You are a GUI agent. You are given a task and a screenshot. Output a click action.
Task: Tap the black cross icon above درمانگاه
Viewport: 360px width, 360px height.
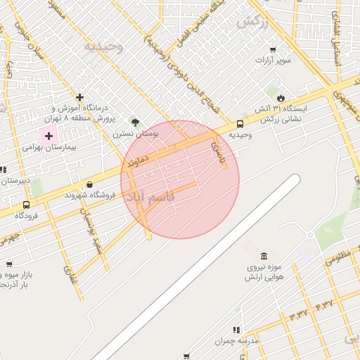(80, 97)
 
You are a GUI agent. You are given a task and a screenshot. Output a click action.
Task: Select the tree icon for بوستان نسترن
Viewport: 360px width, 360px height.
(135, 122)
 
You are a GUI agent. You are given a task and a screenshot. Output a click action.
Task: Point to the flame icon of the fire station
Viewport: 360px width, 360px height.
(281, 98)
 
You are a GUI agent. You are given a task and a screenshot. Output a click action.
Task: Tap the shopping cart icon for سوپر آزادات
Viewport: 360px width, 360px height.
(273, 50)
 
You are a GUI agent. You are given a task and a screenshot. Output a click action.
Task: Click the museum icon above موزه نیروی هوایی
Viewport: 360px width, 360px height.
(264, 256)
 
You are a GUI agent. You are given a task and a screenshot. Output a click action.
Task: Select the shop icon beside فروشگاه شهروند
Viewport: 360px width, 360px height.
(89, 184)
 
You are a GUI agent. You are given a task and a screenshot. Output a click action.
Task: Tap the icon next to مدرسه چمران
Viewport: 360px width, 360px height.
(236, 329)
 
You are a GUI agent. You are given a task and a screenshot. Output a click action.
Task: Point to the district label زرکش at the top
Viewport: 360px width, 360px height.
(253, 22)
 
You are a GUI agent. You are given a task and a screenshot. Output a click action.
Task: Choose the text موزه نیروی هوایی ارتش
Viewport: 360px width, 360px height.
(264, 274)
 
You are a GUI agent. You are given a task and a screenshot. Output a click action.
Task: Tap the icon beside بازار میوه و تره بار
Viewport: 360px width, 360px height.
(9, 265)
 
